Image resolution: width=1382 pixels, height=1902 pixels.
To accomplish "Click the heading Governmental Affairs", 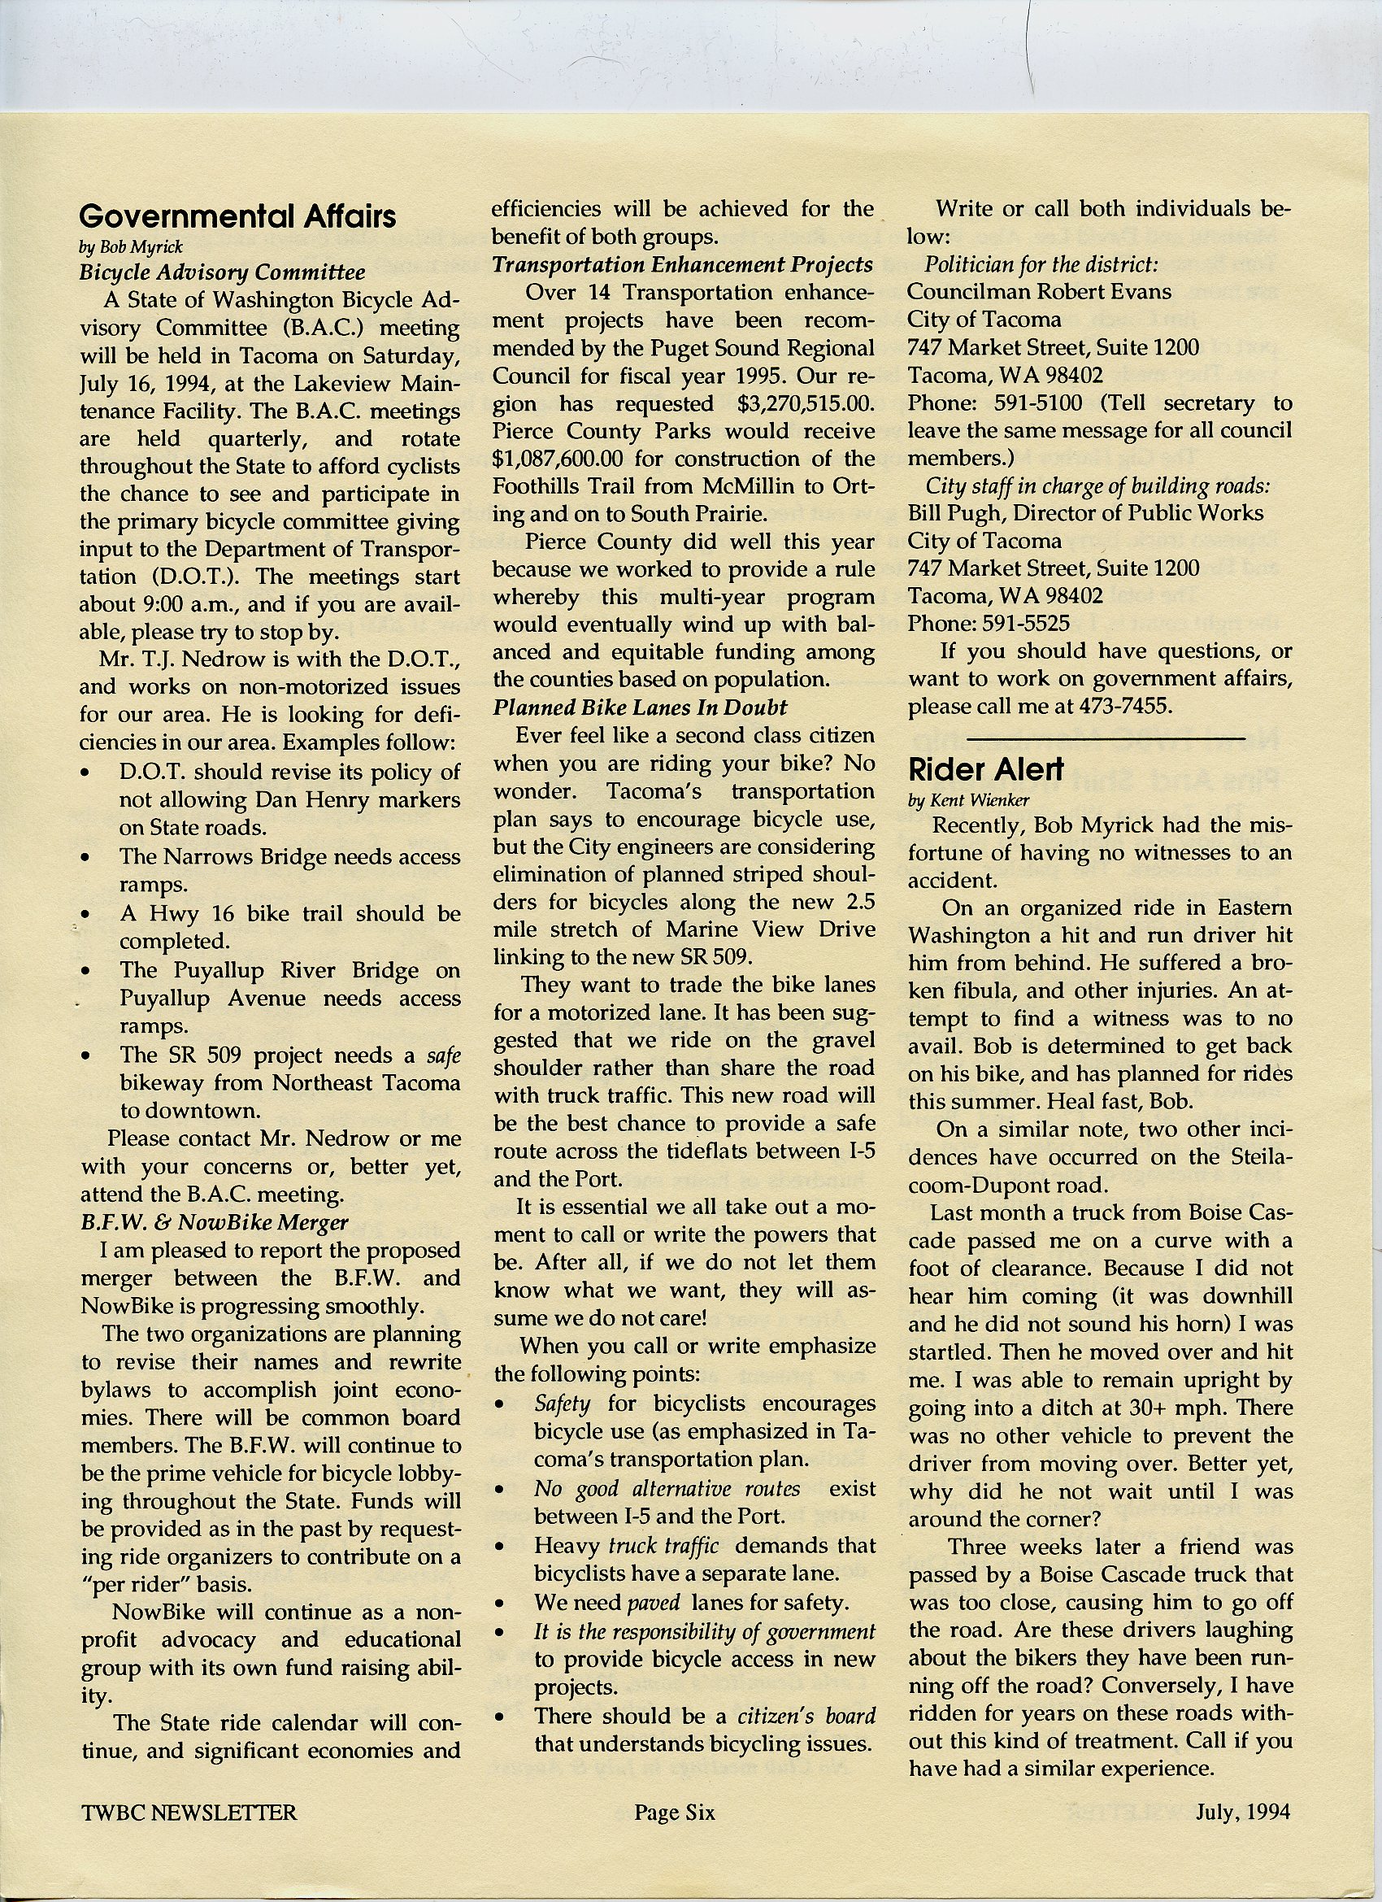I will click(x=237, y=216).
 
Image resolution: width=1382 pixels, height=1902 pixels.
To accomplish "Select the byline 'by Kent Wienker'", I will click(x=968, y=799).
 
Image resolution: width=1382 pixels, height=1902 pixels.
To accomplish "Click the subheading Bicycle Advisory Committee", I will click(x=222, y=272).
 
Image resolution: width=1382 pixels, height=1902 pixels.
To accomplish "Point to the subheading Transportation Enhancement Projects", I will click(x=683, y=265).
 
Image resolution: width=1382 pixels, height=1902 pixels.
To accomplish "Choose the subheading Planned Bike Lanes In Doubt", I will click(x=639, y=707).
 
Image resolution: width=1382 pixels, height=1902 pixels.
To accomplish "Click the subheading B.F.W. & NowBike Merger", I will click(x=214, y=1222).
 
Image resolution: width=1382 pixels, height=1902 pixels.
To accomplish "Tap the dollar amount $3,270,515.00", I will click(x=806, y=403).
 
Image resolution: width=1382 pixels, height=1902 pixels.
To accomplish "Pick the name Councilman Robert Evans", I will click(x=1039, y=292).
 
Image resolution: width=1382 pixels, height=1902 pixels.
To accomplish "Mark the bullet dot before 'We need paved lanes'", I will click(x=500, y=1604).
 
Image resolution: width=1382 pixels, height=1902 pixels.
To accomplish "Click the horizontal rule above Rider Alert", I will click(x=1106, y=738).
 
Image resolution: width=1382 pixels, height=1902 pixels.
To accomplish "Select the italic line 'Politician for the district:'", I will click(x=1041, y=265).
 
